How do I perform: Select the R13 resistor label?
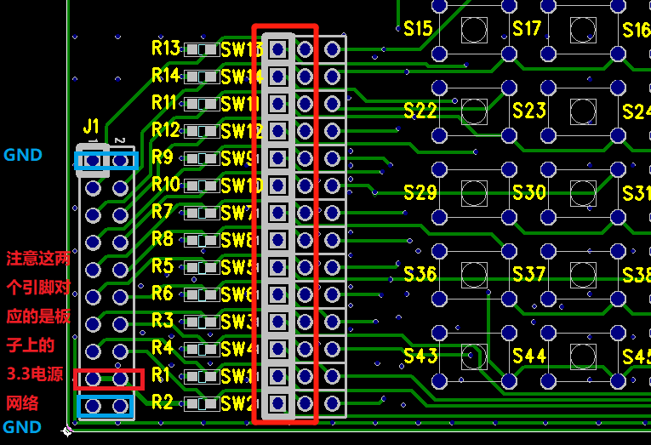click(166, 48)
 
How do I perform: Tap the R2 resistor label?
click(163, 402)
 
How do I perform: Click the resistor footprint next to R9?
click(201, 158)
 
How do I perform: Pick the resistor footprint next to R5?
click(201, 267)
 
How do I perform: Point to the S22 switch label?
click(420, 111)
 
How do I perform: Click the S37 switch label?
click(528, 274)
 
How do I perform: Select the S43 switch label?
click(420, 356)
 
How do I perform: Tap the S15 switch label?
click(418, 29)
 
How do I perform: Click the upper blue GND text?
click(23, 156)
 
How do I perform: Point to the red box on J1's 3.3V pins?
click(106, 379)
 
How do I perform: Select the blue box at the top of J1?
click(106, 160)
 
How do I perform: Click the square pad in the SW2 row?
click(277, 402)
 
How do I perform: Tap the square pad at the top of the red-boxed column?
click(277, 49)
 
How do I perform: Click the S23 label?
click(528, 111)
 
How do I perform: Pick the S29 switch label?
click(420, 192)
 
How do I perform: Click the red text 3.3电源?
click(35, 374)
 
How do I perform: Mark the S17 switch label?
click(527, 29)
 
